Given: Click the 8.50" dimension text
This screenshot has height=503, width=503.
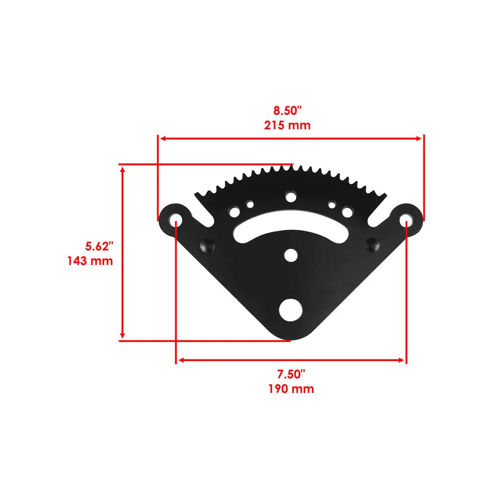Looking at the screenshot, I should click(x=288, y=110).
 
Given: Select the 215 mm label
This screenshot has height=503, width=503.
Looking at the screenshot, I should click(x=288, y=125).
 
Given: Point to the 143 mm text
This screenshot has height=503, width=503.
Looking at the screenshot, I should click(x=90, y=261).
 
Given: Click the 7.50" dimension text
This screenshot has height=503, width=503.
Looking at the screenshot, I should click(x=291, y=374).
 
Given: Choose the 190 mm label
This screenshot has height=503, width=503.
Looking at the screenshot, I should click(x=291, y=389).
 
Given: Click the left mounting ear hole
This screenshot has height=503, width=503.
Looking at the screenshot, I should click(x=176, y=220).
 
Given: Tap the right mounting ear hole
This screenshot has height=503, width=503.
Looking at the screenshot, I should click(x=405, y=220).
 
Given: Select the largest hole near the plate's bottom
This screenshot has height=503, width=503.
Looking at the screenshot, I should click(x=291, y=310).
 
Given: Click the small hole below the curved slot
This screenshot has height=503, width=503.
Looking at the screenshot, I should click(x=290, y=255).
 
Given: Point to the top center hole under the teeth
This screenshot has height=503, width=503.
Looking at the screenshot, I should click(x=290, y=196).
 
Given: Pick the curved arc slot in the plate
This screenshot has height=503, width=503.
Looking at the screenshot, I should click(x=290, y=228).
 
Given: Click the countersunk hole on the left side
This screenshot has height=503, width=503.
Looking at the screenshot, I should click(x=207, y=245).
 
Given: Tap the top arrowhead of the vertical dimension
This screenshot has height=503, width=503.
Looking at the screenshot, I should click(x=122, y=171).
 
